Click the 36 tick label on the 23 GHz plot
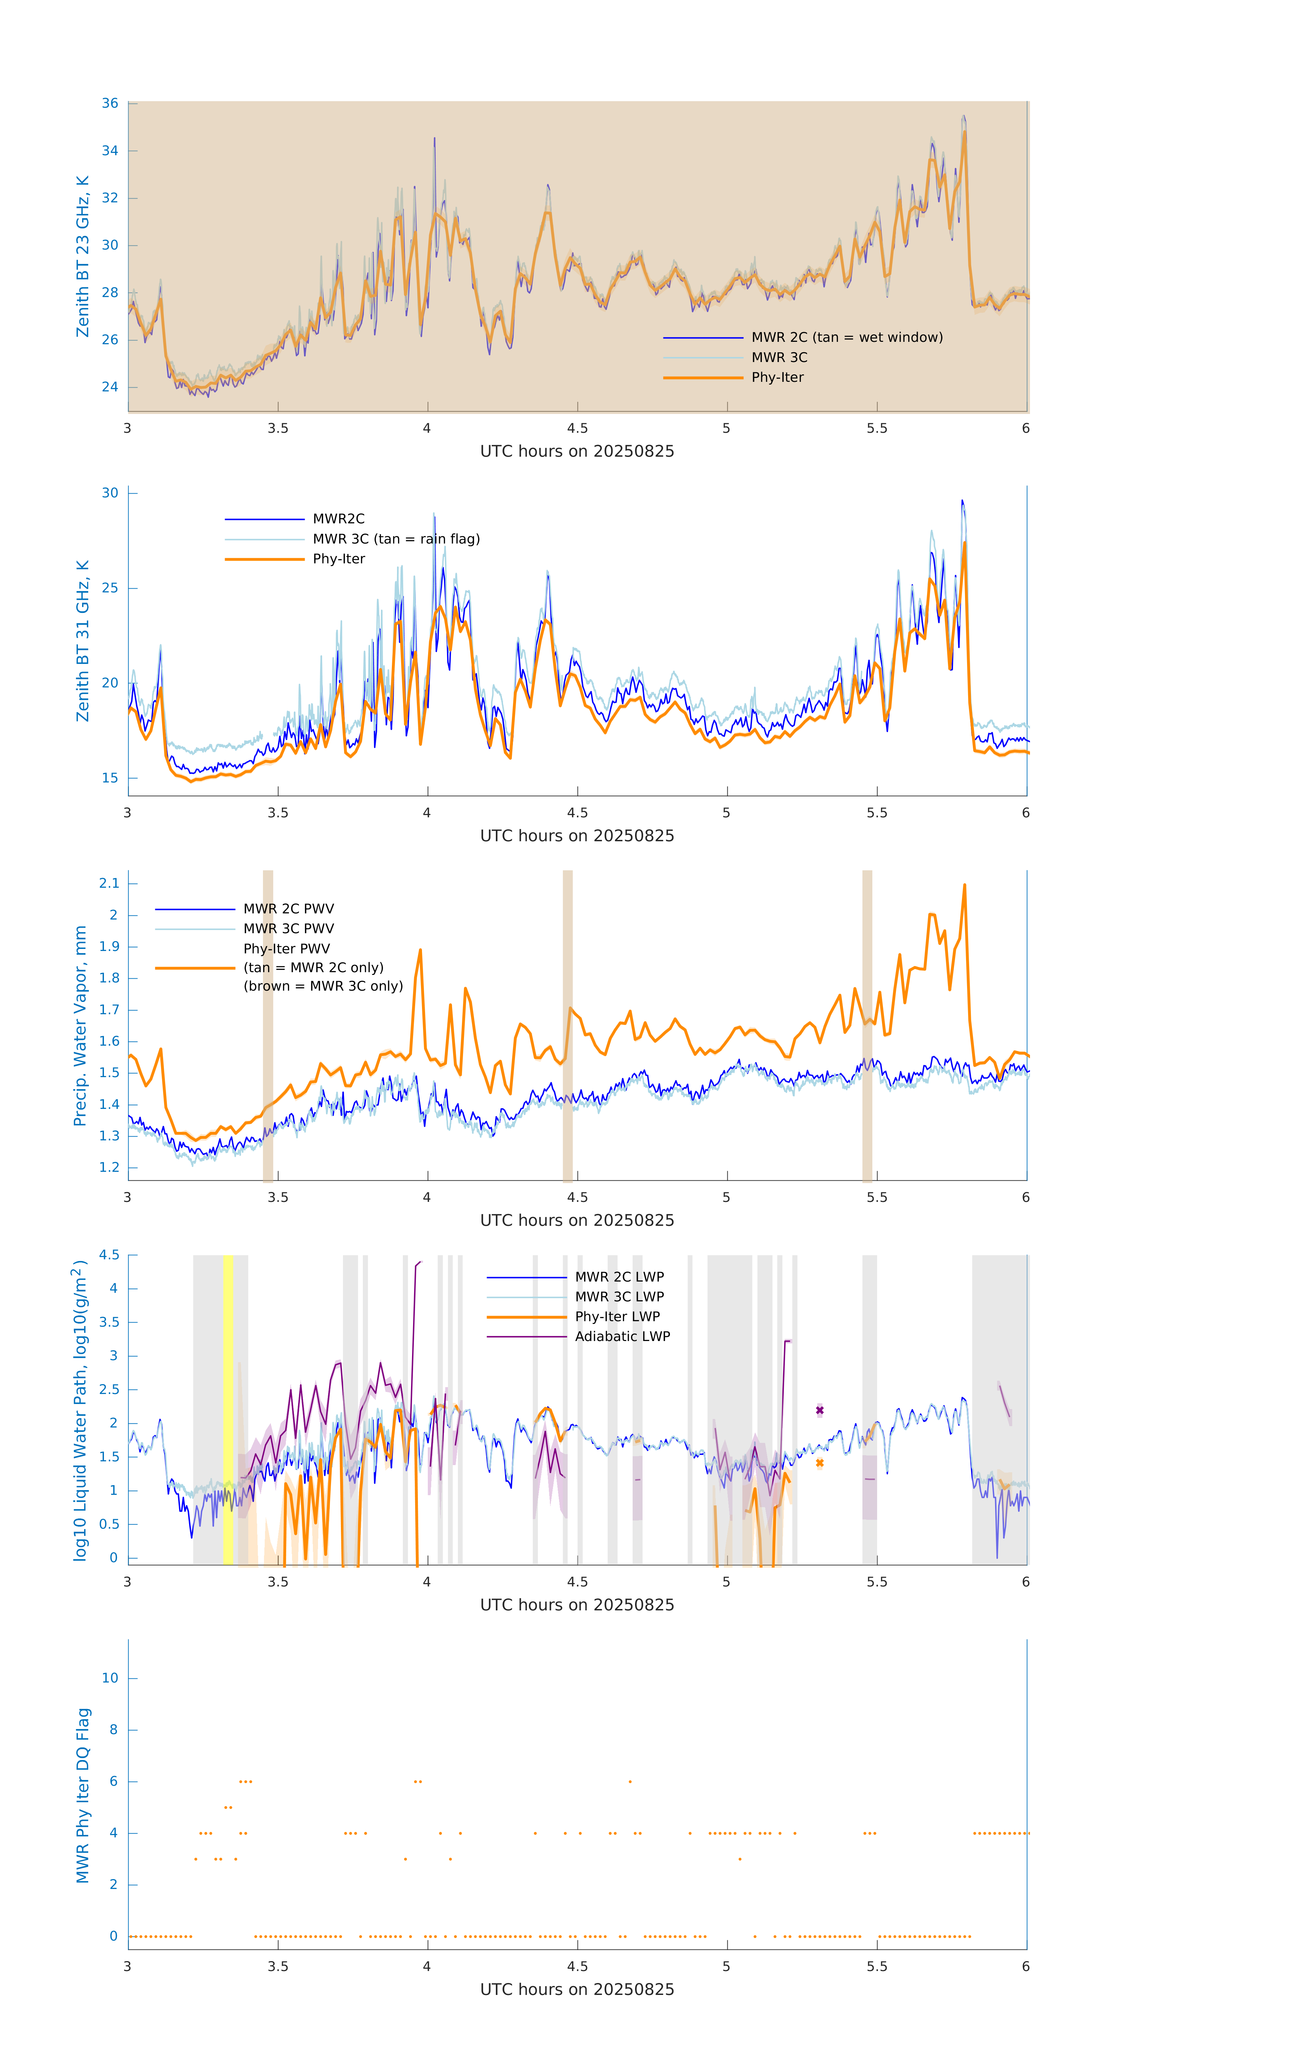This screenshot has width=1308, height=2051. [x=110, y=103]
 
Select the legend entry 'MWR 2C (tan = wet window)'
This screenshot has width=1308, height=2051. [x=846, y=337]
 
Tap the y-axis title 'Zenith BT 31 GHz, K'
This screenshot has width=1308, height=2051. [x=83, y=641]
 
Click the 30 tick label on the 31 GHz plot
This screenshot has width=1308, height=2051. [x=110, y=493]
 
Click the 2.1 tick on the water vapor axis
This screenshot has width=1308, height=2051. [x=109, y=883]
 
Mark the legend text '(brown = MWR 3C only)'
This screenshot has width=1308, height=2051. [x=323, y=986]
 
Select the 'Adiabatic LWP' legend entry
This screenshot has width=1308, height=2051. [x=622, y=1336]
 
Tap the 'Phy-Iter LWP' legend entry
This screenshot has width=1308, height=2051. [x=617, y=1317]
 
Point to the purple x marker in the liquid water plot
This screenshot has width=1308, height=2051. [x=820, y=1410]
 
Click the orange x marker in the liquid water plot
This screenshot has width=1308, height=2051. [x=820, y=1463]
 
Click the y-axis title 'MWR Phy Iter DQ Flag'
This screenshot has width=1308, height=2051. [x=83, y=1795]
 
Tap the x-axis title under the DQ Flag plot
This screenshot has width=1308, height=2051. [x=577, y=1990]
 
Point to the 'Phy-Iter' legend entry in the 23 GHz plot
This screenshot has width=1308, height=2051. [x=777, y=377]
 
